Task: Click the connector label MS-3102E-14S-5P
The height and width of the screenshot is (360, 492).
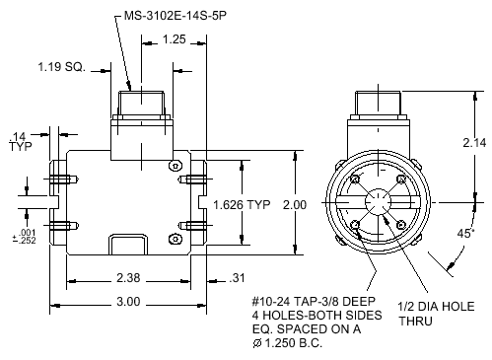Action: click(176, 16)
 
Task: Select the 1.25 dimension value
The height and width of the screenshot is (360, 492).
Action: click(175, 39)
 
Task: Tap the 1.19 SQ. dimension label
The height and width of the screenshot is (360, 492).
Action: click(61, 67)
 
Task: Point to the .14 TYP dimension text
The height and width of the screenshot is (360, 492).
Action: click(21, 141)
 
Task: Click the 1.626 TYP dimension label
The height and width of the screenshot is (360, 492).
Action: click(242, 205)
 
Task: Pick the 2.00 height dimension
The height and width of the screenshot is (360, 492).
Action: click(295, 205)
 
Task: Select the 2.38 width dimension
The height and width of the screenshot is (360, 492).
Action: click(128, 278)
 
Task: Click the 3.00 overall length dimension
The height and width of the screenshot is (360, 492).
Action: click(128, 302)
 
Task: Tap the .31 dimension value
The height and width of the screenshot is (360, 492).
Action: click(237, 278)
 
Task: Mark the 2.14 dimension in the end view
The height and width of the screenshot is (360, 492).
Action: click(474, 142)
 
